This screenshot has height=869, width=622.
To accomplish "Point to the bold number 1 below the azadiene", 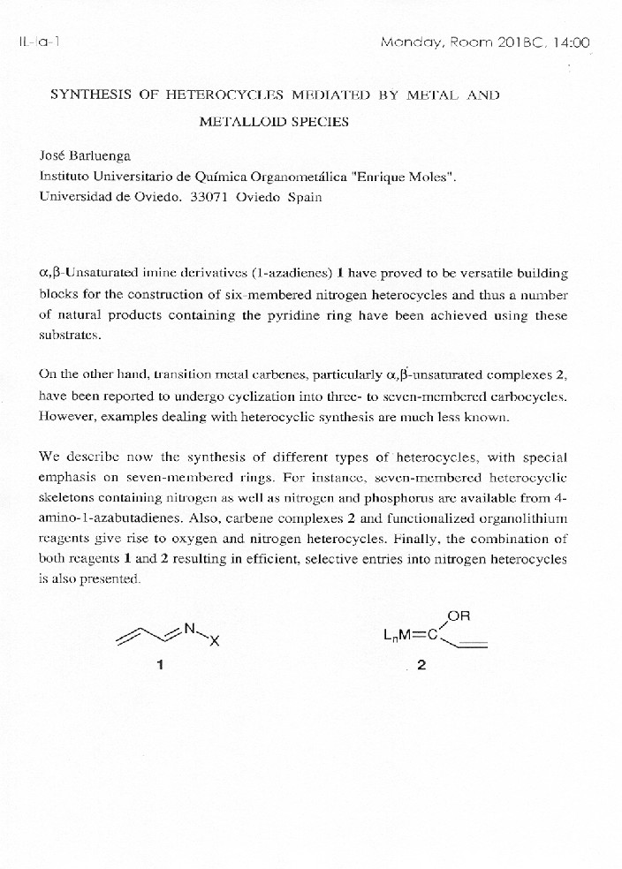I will [160, 666].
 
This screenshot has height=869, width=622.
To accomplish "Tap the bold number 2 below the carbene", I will [421, 666].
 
